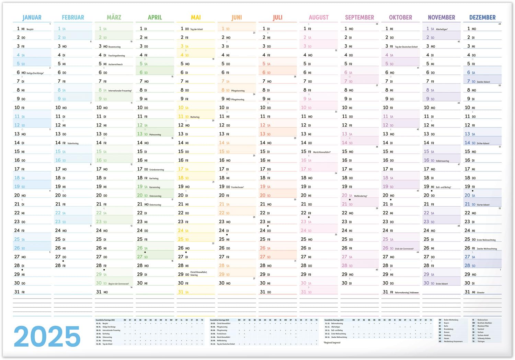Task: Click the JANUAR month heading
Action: [32, 18]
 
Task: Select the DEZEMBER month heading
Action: [482, 18]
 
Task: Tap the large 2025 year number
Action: [47, 337]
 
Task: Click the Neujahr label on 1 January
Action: [30, 30]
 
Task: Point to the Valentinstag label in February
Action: [73, 144]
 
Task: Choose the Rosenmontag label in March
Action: [114, 47]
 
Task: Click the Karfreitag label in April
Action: [154, 179]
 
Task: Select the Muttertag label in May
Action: [195, 117]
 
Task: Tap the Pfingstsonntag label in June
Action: [238, 91]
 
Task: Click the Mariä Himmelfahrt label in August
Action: [322, 152]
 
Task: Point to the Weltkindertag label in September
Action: [360, 196]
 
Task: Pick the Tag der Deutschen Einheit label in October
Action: [406, 47]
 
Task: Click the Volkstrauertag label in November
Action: [442, 161]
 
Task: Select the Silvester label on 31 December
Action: [481, 293]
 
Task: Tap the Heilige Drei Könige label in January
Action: [35, 73]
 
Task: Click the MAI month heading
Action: [196, 18]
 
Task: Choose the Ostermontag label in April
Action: [155, 205]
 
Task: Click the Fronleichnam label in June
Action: [238, 187]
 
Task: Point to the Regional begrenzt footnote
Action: [332, 342]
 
